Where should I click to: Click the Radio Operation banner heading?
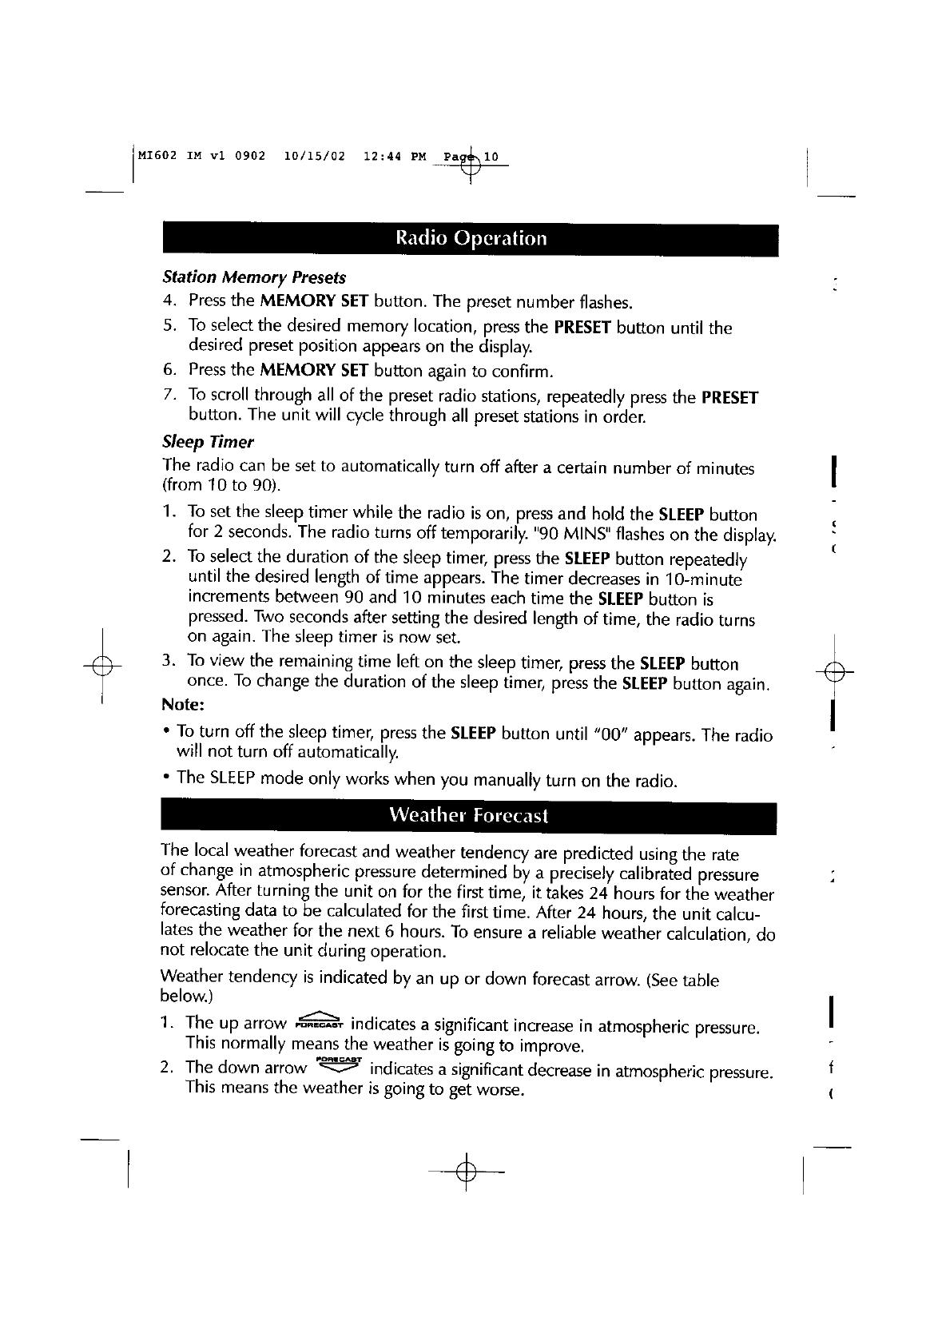[471, 239]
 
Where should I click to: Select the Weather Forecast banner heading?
[468, 815]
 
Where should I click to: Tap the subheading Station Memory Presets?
[254, 277]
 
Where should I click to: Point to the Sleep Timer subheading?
[208, 442]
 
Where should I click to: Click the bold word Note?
[184, 705]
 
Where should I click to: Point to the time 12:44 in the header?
[380, 155]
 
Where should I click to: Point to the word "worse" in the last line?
[501, 1091]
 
